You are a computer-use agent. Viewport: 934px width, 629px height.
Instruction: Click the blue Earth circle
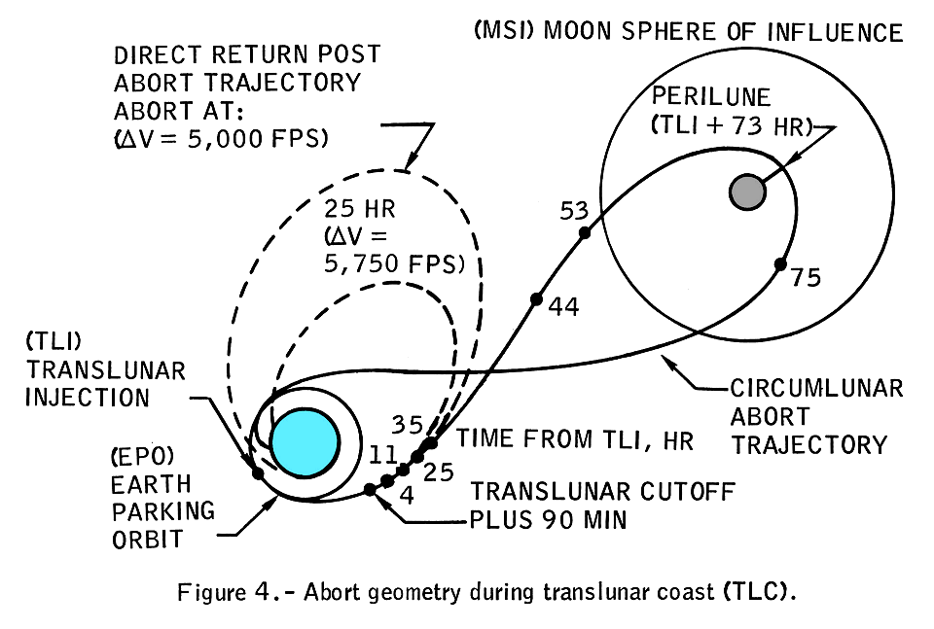(305, 440)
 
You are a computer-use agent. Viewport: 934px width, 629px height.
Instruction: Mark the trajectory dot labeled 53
(585, 232)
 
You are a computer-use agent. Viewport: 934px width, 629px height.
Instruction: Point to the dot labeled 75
(780, 263)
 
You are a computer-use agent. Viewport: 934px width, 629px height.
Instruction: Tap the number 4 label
(406, 495)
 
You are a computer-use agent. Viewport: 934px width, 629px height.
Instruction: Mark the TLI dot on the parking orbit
(258, 473)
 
